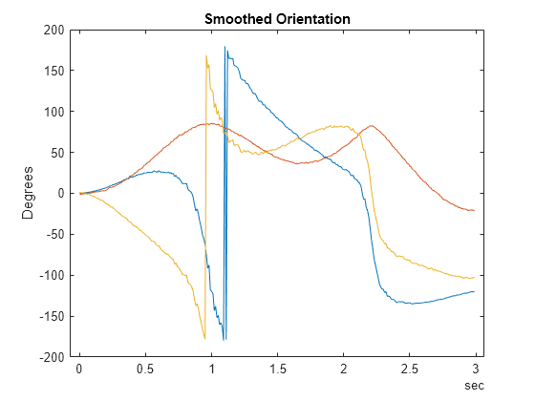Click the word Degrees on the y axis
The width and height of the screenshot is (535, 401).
tap(29, 193)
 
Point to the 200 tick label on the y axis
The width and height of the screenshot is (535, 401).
tap(53, 31)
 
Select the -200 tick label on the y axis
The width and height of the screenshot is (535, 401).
tap(51, 357)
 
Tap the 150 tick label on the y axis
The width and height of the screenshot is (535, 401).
tap(53, 72)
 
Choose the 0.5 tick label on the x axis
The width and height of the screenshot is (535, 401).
tap(145, 369)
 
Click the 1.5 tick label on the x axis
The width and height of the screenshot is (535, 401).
tap(278, 369)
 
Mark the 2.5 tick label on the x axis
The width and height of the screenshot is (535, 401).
tap(411, 369)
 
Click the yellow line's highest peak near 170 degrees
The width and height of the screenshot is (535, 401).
tap(206, 55)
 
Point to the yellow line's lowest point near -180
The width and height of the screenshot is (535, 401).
tap(204, 338)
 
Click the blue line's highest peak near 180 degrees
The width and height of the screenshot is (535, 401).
tap(225, 47)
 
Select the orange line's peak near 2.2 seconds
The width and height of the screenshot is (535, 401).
tap(371, 125)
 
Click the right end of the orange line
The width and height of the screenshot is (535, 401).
tap(474, 210)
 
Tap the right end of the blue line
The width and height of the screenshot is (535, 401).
tap(474, 291)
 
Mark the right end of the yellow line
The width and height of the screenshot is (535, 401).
tap(474, 277)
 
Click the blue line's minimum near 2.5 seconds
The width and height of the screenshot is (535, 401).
tap(411, 303)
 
